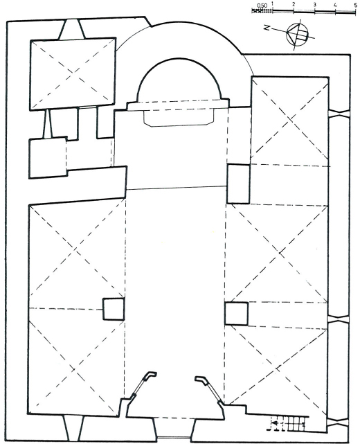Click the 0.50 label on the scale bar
point(262,5)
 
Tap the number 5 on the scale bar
point(355,5)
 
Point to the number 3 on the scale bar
point(315,5)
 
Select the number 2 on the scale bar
point(294,5)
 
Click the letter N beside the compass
point(267,28)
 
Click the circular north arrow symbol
point(296,34)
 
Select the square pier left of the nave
point(114,309)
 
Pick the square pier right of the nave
point(237,314)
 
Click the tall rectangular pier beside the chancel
point(239,184)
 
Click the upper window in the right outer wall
point(339,114)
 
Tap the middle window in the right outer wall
point(339,319)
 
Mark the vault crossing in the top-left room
point(73,73)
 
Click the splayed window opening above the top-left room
point(71,29)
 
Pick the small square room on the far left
point(48,157)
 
